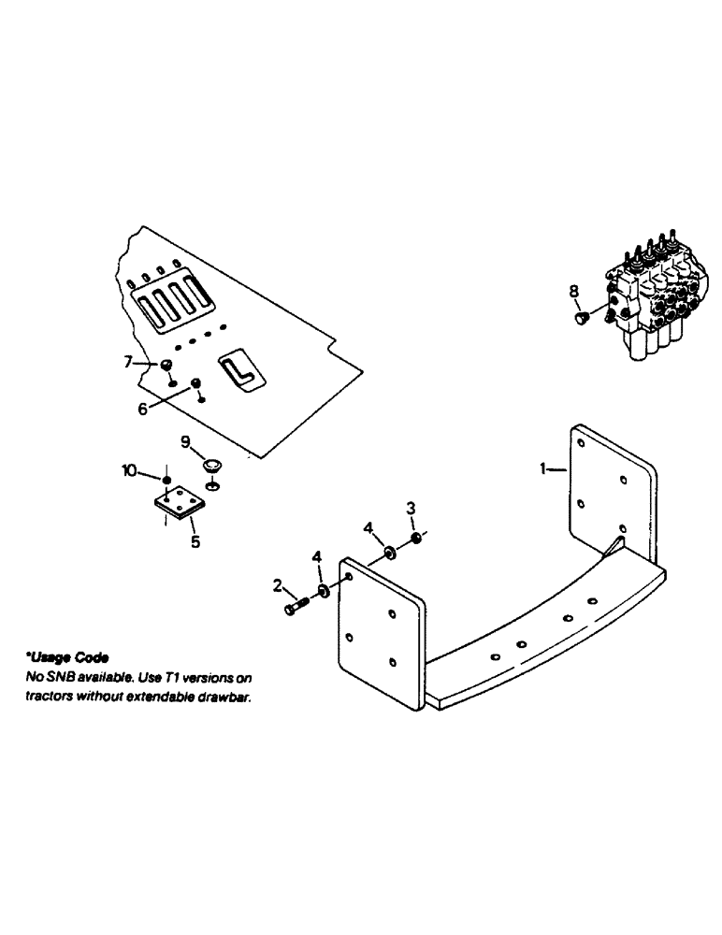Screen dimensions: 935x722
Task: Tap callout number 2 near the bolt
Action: pos(278,585)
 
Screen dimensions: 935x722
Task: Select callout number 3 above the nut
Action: pos(410,509)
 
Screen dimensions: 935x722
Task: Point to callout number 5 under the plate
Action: pos(195,540)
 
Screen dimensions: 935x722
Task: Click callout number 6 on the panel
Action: pos(143,409)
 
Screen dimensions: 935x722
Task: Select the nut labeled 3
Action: pos(416,539)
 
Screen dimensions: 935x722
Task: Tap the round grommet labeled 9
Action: pos(212,465)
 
